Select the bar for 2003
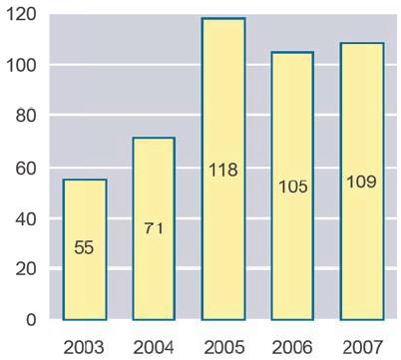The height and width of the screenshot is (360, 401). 85,249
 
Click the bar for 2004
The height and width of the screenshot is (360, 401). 154,228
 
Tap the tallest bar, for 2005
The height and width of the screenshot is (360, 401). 223,169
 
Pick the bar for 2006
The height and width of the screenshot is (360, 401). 292,186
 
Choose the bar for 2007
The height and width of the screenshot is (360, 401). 362,181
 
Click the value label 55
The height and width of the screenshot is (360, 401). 84,247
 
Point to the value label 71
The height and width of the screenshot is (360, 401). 154,228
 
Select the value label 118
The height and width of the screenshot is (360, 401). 223,170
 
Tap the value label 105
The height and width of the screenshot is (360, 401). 293,186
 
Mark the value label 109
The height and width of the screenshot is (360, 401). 362,181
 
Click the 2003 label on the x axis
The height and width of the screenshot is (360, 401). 84,348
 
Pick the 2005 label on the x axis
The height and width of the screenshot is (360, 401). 223,348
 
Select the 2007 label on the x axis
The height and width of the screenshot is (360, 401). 362,348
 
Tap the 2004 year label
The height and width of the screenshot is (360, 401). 154,348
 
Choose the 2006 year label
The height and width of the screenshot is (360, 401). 292,348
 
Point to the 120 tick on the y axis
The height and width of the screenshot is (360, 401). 21,15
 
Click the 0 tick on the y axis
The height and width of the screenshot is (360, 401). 31,319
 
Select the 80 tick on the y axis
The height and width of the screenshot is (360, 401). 26,116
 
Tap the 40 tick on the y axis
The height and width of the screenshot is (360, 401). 26,219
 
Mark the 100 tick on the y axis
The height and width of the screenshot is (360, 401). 21,66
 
